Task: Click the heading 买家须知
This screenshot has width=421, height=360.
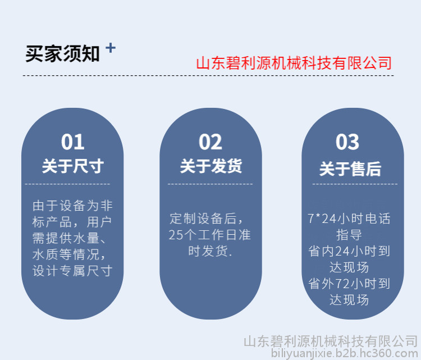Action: pyautogui.click(x=62, y=54)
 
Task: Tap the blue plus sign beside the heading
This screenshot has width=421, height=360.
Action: pyautogui.click(x=111, y=48)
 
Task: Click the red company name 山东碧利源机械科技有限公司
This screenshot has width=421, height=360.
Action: pyautogui.click(x=294, y=63)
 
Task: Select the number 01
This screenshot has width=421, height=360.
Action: pyautogui.click(x=72, y=142)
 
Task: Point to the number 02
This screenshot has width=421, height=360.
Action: pyautogui.click(x=210, y=142)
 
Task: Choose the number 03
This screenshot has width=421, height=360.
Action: pyautogui.click(x=347, y=142)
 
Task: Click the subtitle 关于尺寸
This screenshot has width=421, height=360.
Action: pyautogui.click(x=73, y=166)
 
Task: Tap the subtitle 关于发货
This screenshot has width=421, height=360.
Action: pyautogui.click(x=210, y=166)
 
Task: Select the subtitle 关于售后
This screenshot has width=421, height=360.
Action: pyautogui.click(x=350, y=168)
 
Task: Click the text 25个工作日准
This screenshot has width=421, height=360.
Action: pyautogui.click(x=210, y=235)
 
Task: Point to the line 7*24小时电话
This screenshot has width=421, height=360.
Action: pyautogui.click(x=349, y=218)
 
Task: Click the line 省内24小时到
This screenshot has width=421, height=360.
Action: pyautogui.click(x=349, y=251)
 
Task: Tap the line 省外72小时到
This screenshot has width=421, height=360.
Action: pyautogui.click(x=349, y=284)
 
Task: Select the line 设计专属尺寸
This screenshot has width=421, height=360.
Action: pyautogui.click(x=72, y=271)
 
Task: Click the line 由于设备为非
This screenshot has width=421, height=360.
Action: pyautogui.click(x=72, y=206)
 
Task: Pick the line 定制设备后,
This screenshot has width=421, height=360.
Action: pyautogui.click(x=206, y=218)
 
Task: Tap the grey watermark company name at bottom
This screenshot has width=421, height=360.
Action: pyautogui.click(x=331, y=341)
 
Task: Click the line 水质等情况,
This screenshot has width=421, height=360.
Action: pyautogui.click(x=68, y=254)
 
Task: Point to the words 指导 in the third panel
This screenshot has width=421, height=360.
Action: pyautogui.click(x=349, y=235)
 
